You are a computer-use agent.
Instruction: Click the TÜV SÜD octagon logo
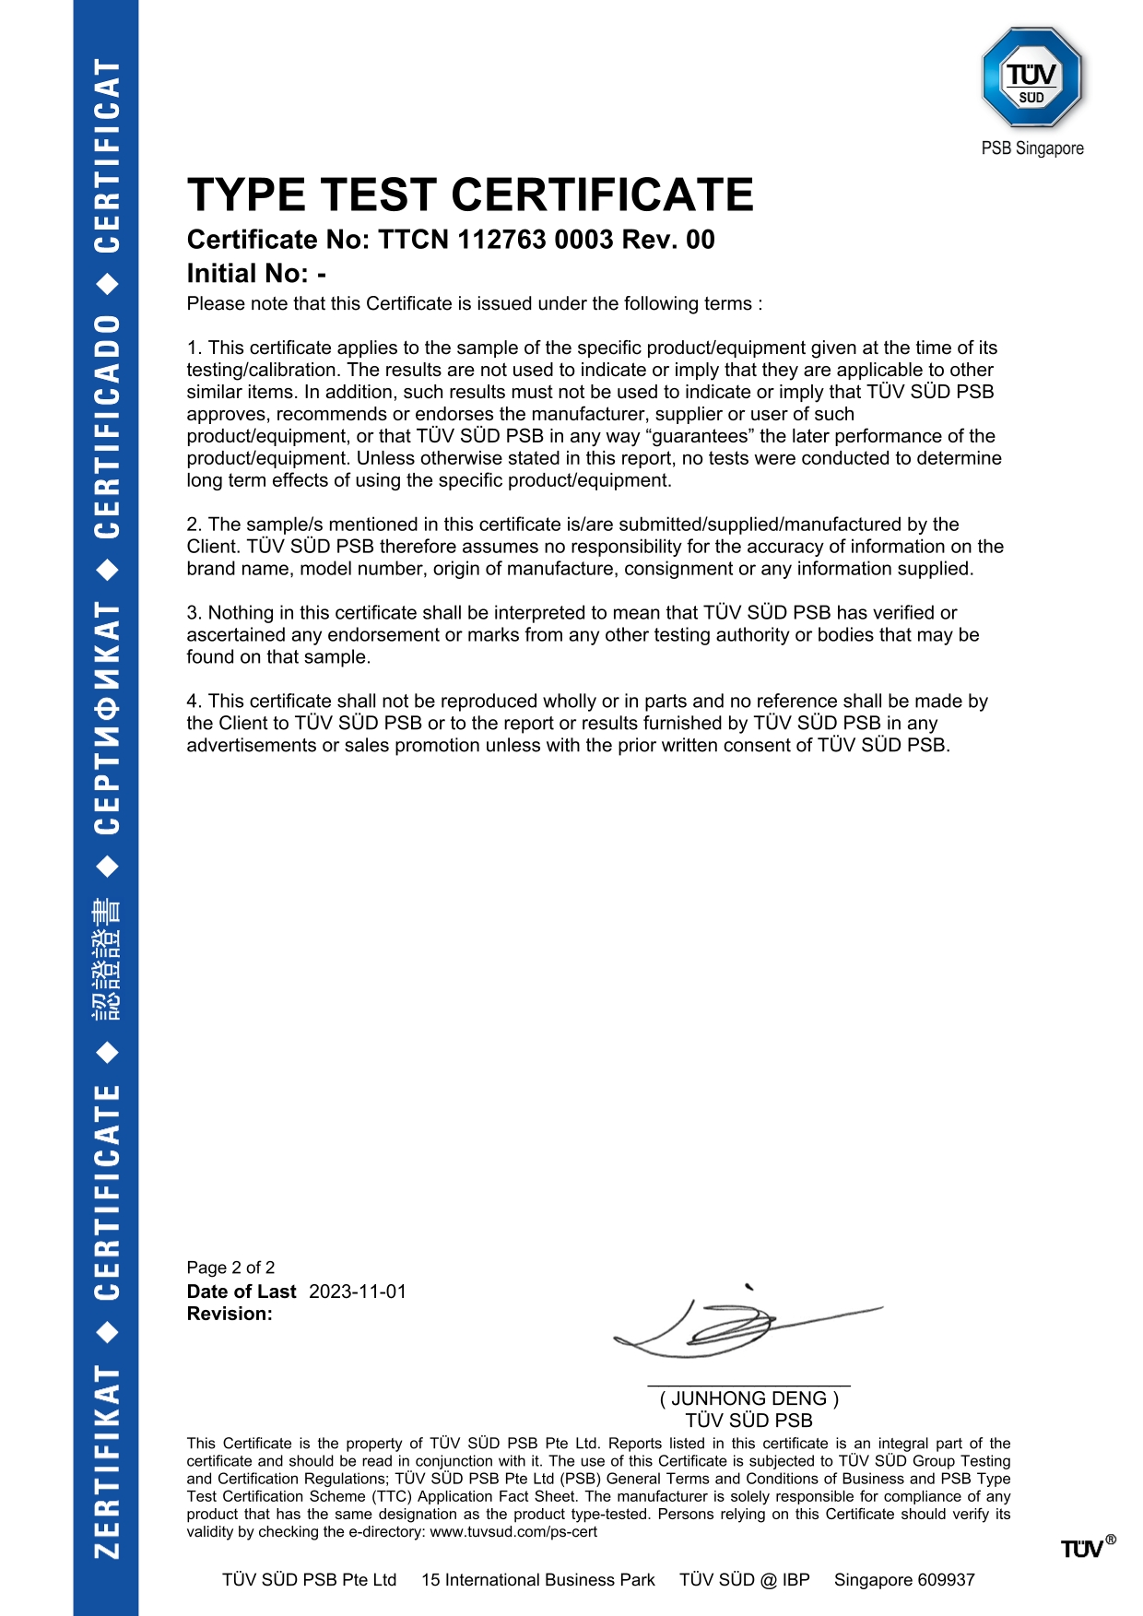click(1031, 77)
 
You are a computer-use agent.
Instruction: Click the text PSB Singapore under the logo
click(1032, 148)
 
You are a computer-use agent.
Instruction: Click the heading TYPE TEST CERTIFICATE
click(470, 195)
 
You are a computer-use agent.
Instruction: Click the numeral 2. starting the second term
click(194, 525)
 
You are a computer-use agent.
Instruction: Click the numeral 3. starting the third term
click(194, 613)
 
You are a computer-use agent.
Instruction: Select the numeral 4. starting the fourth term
click(194, 702)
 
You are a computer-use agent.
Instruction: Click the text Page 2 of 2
click(230, 1268)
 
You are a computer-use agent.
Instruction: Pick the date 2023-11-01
click(358, 1292)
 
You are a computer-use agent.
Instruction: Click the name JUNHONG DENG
click(748, 1398)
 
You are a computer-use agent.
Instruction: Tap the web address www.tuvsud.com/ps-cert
click(513, 1532)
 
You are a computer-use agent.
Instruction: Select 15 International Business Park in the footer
click(538, 1580)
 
